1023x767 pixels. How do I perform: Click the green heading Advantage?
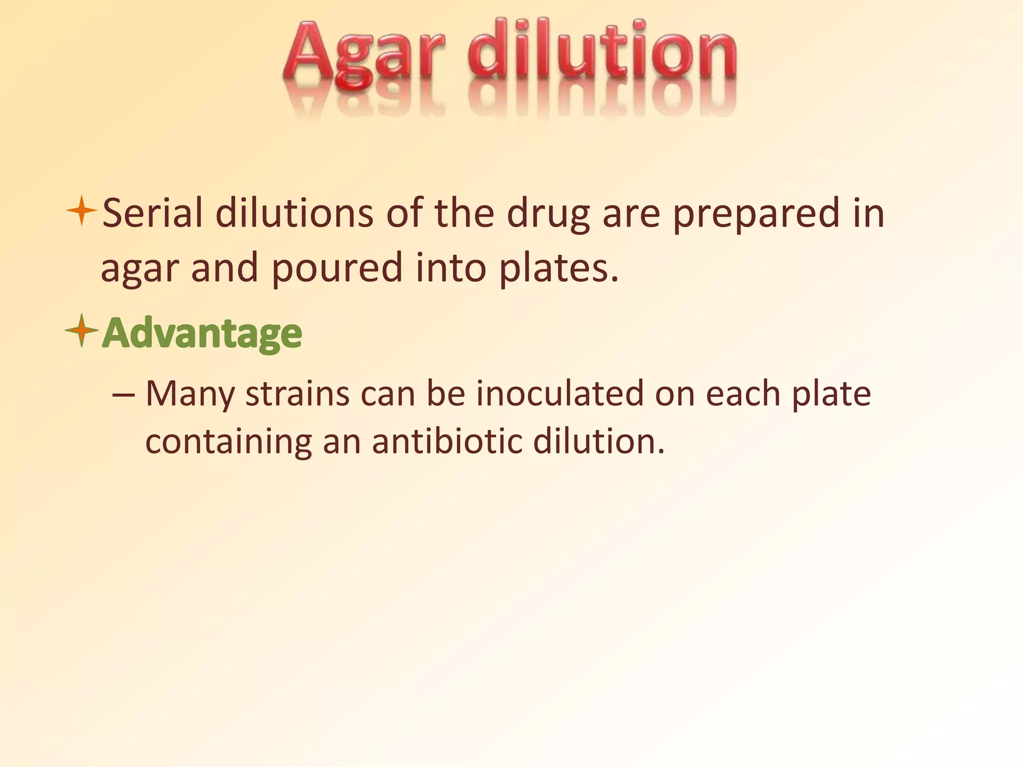(202, 334)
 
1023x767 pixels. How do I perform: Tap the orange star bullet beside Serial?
(81, 211)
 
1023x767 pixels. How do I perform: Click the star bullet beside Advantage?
(81, 330)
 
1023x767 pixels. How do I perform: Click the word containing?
(228, 441)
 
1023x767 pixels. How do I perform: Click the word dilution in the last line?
(598, 441)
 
